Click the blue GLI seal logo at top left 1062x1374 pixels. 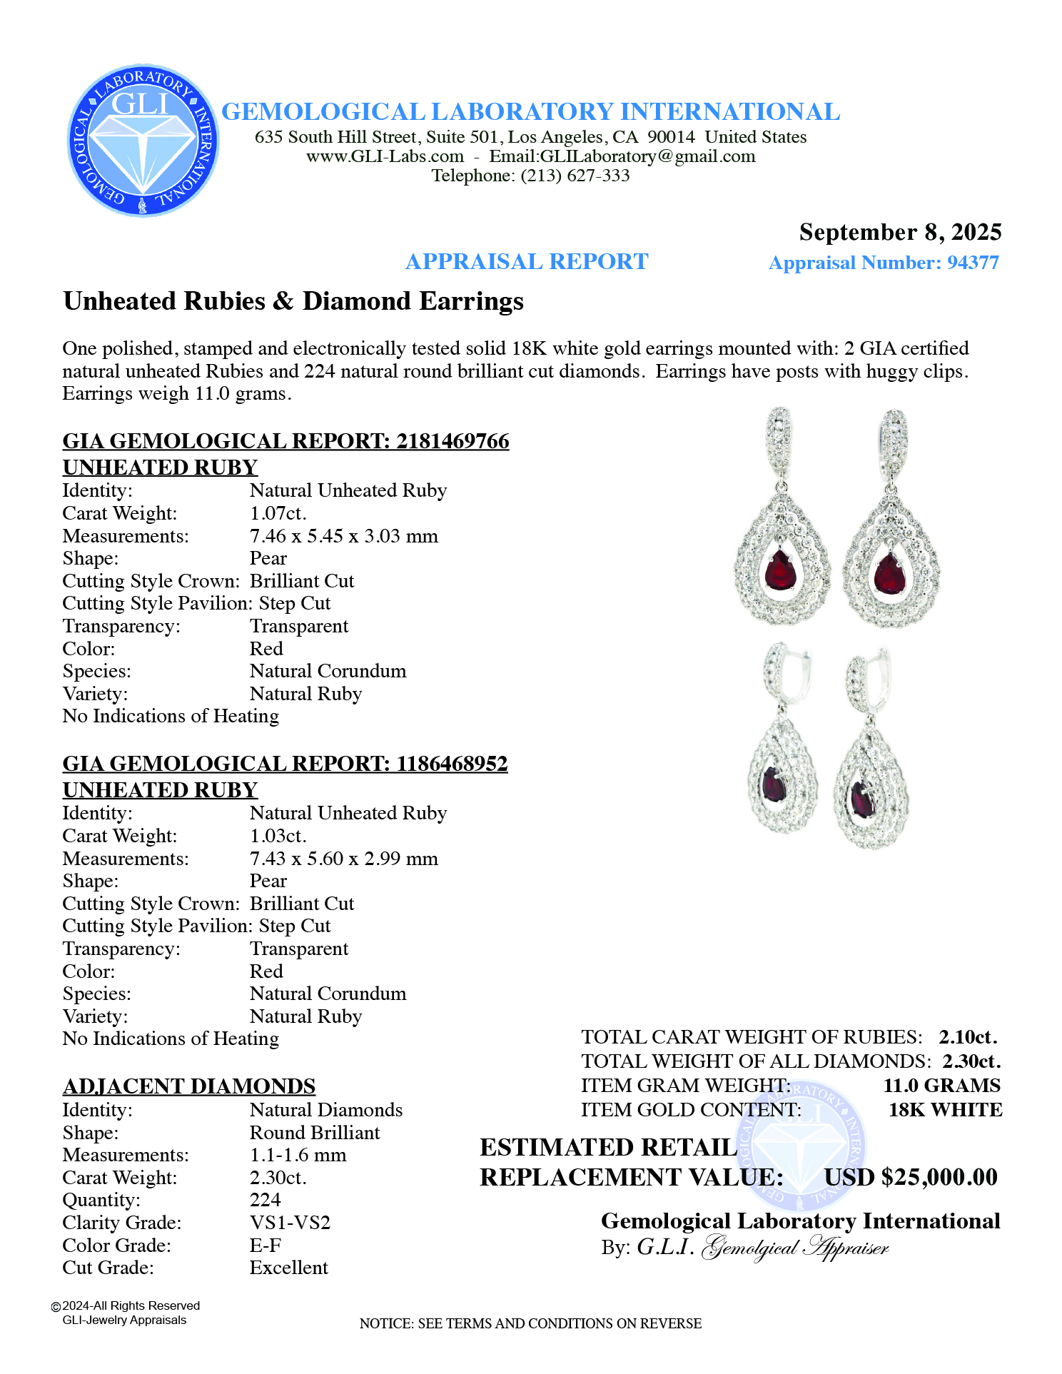coord(143,141)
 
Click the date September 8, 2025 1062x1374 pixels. coord(900,233)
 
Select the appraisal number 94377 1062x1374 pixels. coord(973,263)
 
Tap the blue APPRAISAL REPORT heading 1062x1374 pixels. coord(527,262)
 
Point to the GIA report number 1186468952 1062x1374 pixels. coord(452,764)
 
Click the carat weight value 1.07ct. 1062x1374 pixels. coord(278,513)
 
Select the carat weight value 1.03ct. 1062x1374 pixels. coord(278,836)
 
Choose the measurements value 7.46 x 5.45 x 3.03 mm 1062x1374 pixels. coord(343,536)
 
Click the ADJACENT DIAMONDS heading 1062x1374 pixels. coord(189,1086)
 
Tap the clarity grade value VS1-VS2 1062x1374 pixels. coord(290,1223)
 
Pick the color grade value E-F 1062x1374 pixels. coord(265,1246)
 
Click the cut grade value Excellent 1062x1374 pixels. coord(288,1268)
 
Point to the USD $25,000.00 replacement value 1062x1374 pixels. coord(911,1177)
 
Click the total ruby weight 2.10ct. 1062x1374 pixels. coord(968,1037)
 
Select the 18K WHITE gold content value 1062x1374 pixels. coord(945,1110)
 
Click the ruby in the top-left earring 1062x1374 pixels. coord(780,570)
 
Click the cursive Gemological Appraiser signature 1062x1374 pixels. coord(795,1248)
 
